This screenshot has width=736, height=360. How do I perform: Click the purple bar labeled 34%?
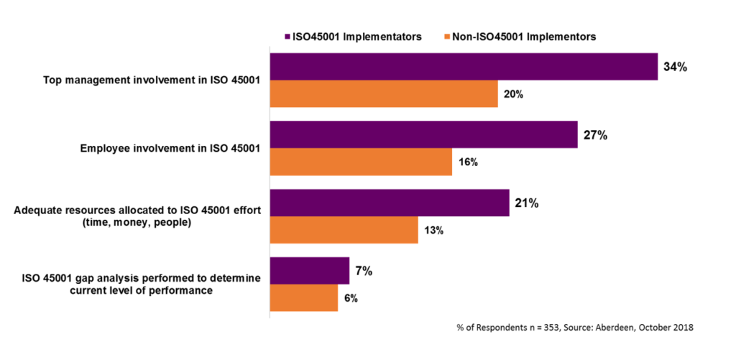(464, 66)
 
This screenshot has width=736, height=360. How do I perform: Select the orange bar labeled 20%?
(384, 93)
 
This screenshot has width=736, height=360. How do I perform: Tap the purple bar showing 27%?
(423, 134)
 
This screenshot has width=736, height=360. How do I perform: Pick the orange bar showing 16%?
(361, 162)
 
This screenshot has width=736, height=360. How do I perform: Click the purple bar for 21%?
(390, 203)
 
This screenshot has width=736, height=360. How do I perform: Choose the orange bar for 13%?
(344, 230)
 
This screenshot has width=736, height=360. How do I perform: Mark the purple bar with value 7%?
(309, 271)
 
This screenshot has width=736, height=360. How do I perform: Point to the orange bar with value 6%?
(303, 297)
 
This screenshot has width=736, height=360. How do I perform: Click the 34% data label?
(676, 67)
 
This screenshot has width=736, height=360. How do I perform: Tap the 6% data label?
(351, 298)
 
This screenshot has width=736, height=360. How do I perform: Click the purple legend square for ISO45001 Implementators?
(286, 35)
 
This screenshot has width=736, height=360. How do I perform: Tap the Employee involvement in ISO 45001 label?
(170, 148)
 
